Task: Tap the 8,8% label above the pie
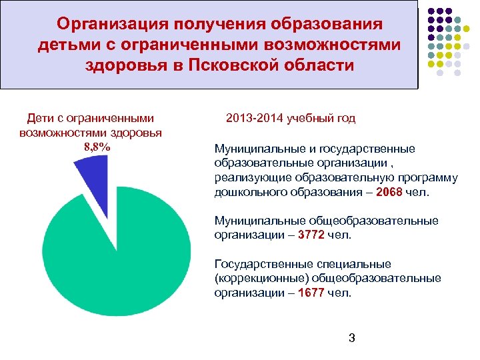pos(97,147)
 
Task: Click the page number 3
pos(351,338)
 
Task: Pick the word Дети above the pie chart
pos(40,118)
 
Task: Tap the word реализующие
pos(245,177)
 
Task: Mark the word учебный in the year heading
pos(309,118)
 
